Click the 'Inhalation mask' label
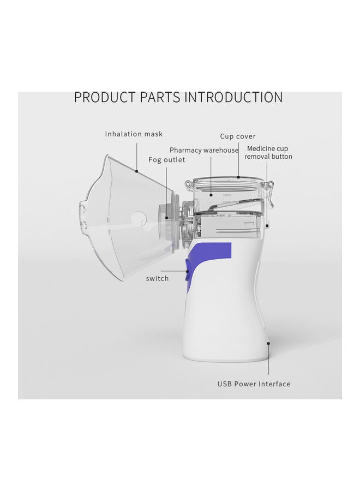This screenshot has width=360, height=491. [134, 134]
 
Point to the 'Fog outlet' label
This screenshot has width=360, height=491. [167, 160]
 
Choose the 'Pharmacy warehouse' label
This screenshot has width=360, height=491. [204, 150]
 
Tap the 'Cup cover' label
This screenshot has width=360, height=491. [238, 136]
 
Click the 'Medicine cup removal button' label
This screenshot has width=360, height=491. [268, 152]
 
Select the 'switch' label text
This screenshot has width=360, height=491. [157, 278]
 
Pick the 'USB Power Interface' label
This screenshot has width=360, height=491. [254, 384]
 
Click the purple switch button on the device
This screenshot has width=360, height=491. [188, 270]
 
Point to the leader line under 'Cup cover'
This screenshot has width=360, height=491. [238, 161]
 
